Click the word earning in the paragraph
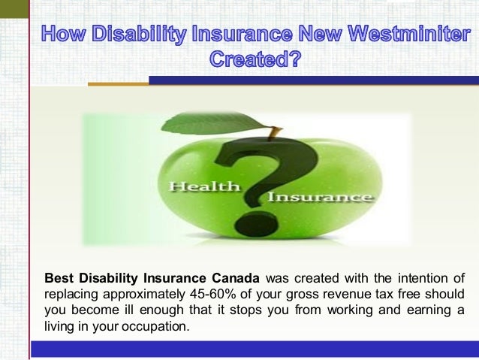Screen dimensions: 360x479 [x=418, y=311]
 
